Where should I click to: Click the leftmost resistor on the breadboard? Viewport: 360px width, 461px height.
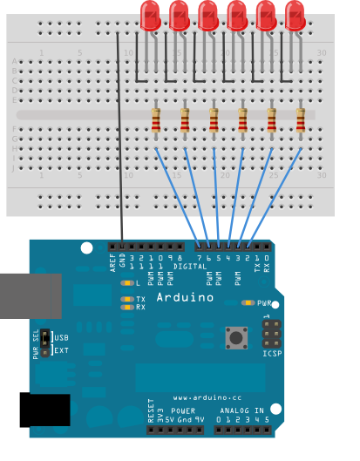tap(156, 123)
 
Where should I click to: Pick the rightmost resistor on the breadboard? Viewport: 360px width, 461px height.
tap(301, 123)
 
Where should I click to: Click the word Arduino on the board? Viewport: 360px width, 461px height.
tap(185, 297)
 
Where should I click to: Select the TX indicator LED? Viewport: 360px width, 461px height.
tap(127, 298)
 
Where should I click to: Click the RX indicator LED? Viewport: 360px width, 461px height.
tap(127, 307)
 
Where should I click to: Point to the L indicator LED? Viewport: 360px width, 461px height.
tap(127, 283)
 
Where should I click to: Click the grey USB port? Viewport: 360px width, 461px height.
tap(30, 296)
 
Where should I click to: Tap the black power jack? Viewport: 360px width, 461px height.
tap(44, 410)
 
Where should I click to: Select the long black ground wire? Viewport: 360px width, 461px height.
tap(119, 139)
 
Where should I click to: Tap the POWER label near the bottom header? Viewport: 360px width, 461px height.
tap(184, 410)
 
